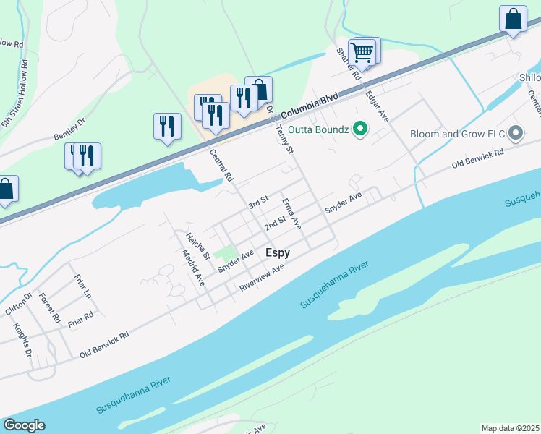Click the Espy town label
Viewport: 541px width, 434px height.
coord(278,252)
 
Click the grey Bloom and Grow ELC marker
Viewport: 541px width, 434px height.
coord(516,134)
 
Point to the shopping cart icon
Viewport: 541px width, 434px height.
coord(363,51)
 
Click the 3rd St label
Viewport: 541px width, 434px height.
coord(258,201)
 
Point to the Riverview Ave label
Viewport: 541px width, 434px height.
coord(262,278)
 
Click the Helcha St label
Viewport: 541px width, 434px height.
coord(197,246)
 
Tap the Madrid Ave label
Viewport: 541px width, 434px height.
coord(193,267)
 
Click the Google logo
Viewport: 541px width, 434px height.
coord(24,425)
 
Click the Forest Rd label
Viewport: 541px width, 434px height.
coord(49,309)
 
